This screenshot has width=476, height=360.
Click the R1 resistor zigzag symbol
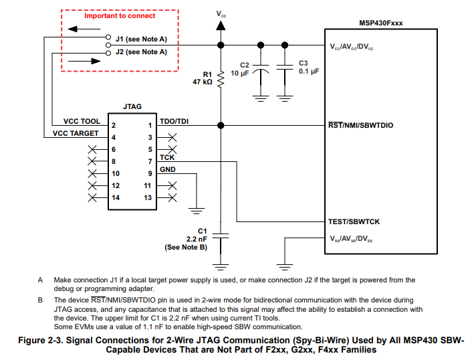[x=221, y=79]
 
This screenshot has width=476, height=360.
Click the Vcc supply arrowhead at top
[x=221, y=25]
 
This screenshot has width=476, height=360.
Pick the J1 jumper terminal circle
[x=108, y=37]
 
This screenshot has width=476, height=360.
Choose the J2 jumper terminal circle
[x=108, y=53]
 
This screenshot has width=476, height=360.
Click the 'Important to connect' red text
[x=120, y=15]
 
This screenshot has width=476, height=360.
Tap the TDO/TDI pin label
[x=174, y=121]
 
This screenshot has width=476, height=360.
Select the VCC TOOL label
[x=82, y=121]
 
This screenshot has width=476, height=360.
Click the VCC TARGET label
[x=76, y=133]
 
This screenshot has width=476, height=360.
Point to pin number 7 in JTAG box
[x=150, y=161]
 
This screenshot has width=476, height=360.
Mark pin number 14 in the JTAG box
[x=116, y=198]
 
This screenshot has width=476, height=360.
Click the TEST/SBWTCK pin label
[x=354, y=221]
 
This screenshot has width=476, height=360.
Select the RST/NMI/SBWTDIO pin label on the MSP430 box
[x=360, y=125]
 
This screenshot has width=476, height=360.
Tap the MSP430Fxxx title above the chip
[x=380, y=23]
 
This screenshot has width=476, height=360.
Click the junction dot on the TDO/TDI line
[x=221, y=125]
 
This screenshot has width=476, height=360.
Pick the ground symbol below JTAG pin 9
[x=197, y=211]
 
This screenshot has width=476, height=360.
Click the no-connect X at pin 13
[x=172, y=198]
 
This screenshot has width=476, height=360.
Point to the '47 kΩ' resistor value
[x=203, y=82]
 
